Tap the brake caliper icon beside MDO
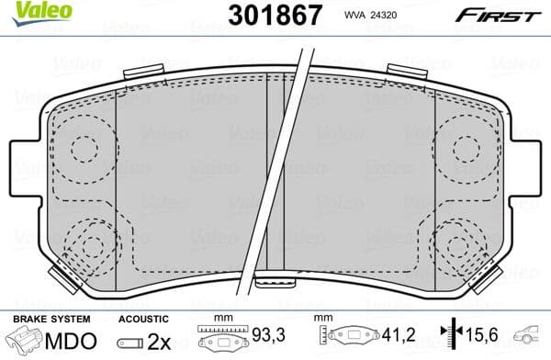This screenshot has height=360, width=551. click(25, 342)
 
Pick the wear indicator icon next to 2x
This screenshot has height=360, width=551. click(130, 343)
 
